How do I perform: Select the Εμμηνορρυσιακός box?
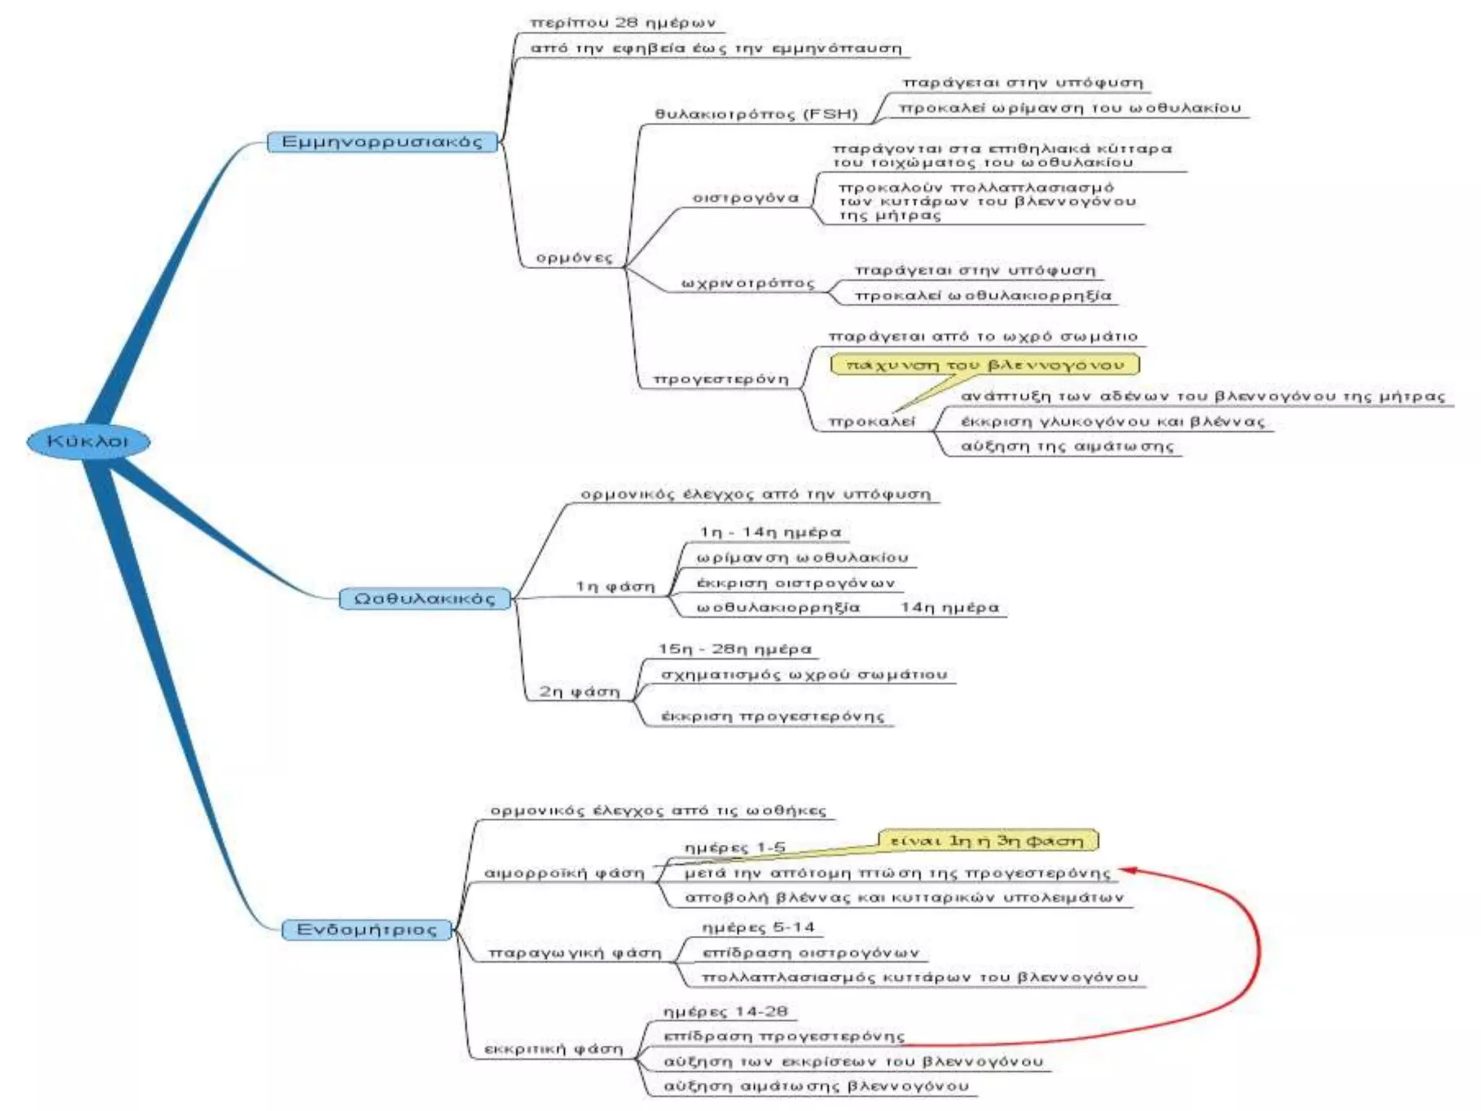pyautogui.click(x=382, y=142)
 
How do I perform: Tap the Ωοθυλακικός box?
pyautogui.click(x=425, y=599)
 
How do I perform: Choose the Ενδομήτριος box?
pyautogui.click(x=367, y=929)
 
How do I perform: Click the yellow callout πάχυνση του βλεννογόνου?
pyautogui.click(x=985, y=365)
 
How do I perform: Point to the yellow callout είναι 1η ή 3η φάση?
pyautogui.click(x=988, y=840)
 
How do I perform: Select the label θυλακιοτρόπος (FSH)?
pyautogui.click(x=756, y=114)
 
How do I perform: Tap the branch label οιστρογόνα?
pyautogui.click(x=746, y=198)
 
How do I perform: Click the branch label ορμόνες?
pyautogui.click(x=574, y=258)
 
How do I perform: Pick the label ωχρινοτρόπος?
pyautogui.click(x=748, y=284)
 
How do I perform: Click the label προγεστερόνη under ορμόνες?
pyautogui.click(x=721, y=379)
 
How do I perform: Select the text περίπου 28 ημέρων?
pyautogui.click(x=623, y=23)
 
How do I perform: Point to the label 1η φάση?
pyautogui.click(x=615, y=587)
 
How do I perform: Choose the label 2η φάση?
pyautogui.click(x=579, y=692)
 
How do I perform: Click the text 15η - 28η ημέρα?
pyautogui.click(x=735, y=649)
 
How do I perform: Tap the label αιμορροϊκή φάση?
pyautogui.click(x=564, y=874)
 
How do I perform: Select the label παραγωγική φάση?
pyautogui.click(x=575, y=953)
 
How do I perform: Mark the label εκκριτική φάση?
pyautogui.click(x=553, y=1049)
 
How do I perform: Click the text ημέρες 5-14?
pyautogui.click(x=758, y=927)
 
